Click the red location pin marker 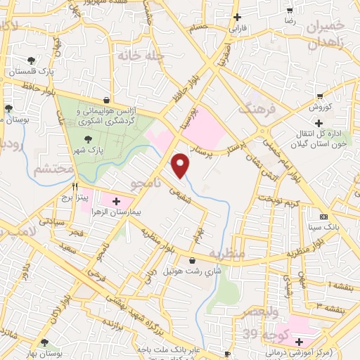pyautogui.click(x=181, y=164)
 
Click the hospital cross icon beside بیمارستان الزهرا pyautogui.click(x=116, y=201)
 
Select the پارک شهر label pyautogui.click(x=89, y=150)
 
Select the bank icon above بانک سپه pyautogui.click(x=323, y=217)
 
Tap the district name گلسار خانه pyautogui.click(x=141, y=55)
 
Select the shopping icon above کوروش pyautogui.click(x=320, y=96)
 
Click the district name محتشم pyautogui.click(x=53, y=169)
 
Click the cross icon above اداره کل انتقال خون pyautogui.click(x=318, y=123)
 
